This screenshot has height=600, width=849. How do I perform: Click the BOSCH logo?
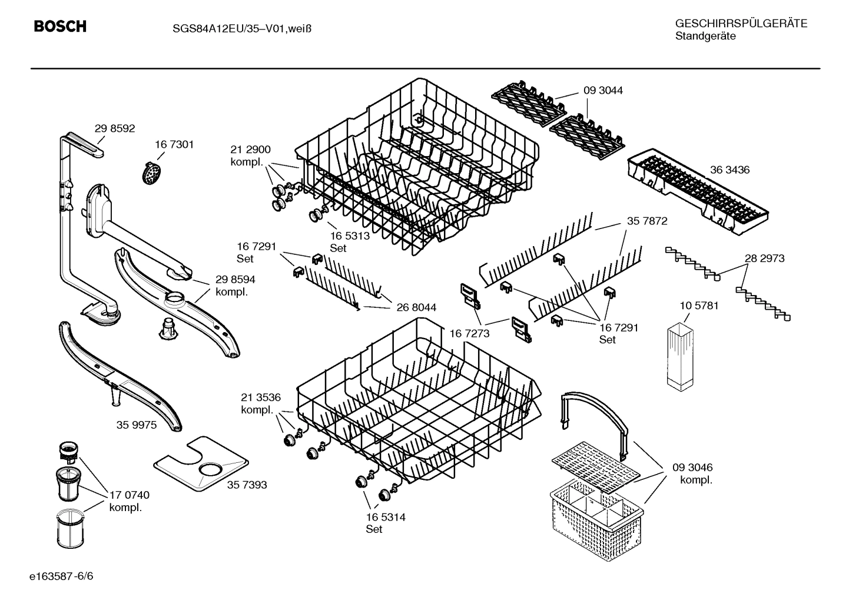point(60,26)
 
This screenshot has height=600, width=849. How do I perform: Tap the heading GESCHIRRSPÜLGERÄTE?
point(741,24)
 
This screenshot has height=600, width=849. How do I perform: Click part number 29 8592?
point(115,128)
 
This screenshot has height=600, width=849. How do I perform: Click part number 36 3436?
point(729,170)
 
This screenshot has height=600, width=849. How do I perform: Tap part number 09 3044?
point(603,91)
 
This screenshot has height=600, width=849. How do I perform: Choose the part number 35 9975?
point(136,425)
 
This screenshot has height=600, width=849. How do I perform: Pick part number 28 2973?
point(764,258)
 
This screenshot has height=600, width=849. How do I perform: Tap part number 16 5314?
point(385,517)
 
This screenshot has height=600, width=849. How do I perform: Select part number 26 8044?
point(416,307)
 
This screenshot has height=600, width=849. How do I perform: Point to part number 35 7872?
point(647,221)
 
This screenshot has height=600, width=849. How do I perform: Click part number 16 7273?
point(469,333)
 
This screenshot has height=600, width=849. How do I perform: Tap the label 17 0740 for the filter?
point(129,495)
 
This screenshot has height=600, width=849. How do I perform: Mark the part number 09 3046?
point(692,468)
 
